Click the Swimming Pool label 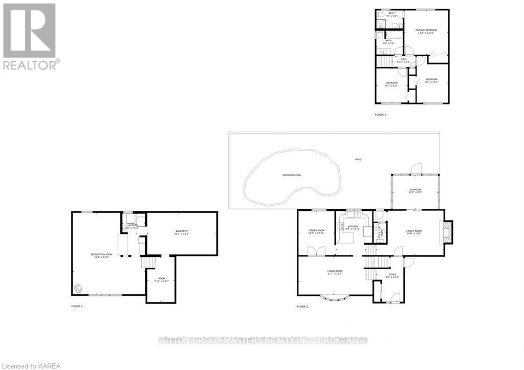pos(292,175)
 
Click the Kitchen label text pos(352,227)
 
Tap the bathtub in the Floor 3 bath pos(381,23)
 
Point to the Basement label pos(182,232)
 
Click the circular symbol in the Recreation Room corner pos(78,289)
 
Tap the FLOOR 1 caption pos(77,306)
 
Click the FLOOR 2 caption pos(302,306)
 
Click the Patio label pos(358,160)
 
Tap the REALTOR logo pos(30,36)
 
